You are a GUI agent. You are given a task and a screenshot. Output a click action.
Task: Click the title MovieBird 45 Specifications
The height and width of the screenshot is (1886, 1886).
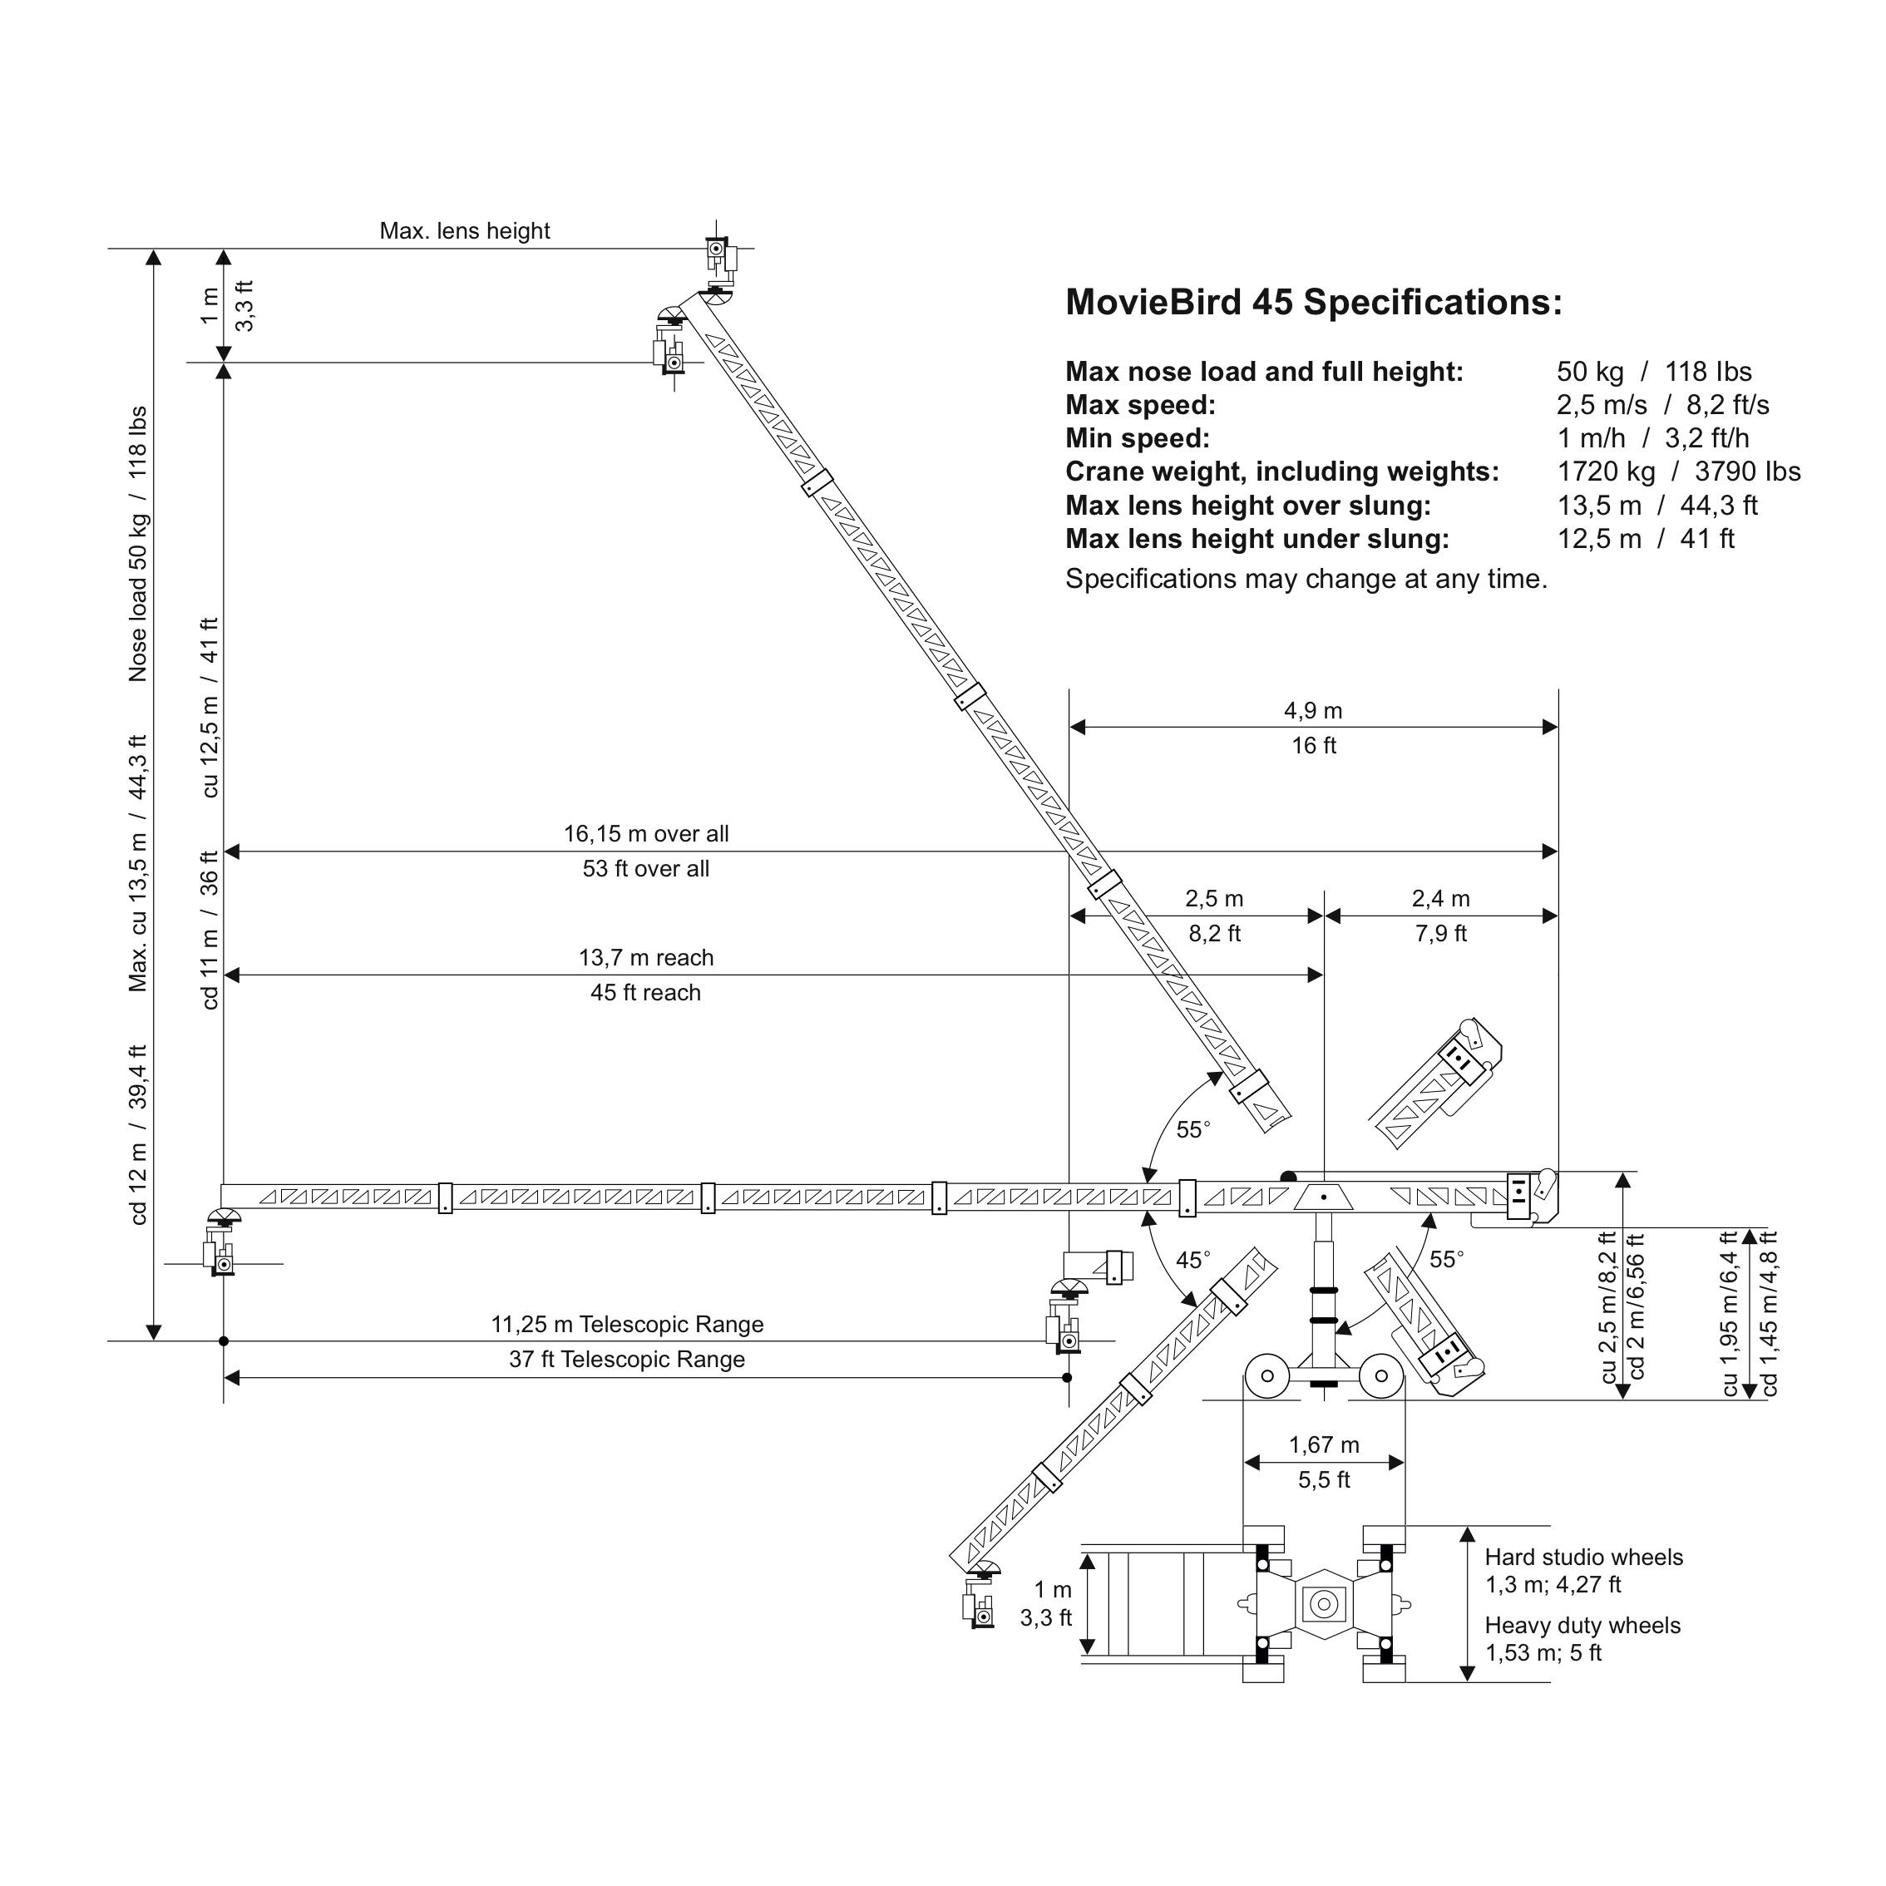click(x=1313, y=303)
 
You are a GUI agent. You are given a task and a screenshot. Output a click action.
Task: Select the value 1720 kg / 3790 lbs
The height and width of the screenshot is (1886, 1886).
click(x=1678, y=472)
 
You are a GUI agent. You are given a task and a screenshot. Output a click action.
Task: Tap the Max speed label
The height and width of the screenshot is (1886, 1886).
click(x=1140, y=405)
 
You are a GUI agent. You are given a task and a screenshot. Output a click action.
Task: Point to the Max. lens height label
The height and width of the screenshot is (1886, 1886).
click(x=465, y=231)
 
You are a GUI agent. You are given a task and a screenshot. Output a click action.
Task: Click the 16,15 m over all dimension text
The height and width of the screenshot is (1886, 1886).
click(x=645, y=835)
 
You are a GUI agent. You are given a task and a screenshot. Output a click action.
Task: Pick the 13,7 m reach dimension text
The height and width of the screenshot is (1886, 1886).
click(x=645, y=959)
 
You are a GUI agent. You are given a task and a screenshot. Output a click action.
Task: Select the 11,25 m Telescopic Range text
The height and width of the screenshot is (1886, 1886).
click(x=627, y=1325)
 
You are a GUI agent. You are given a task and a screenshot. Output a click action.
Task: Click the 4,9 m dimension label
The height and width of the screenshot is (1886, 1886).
click(x=1313, y=711)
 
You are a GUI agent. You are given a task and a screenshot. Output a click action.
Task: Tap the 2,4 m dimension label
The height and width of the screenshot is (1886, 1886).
click(x=1440, y=899)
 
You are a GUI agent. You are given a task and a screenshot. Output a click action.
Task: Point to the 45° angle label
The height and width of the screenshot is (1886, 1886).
click(x=1193, y=1261)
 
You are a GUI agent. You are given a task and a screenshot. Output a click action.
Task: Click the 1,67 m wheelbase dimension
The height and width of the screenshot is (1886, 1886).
click(x=1324, y=1444)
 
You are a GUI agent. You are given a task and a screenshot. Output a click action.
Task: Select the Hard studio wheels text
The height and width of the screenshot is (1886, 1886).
click(x=1583, y=1557)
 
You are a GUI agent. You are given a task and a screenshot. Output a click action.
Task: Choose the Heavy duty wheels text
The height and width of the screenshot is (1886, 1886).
click(x=1582, y=1626)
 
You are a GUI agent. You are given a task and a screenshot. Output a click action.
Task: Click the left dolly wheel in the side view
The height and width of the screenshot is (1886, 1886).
click(x=1267, y=1376)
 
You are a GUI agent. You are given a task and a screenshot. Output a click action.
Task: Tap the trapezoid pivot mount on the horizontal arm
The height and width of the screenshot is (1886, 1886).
click(x=1324, y=1197)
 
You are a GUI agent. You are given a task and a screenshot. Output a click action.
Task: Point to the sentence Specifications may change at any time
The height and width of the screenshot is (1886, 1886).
click(x=1306, y=580)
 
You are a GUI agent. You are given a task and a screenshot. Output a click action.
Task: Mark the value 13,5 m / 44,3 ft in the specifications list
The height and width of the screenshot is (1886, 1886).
click(x=1656, y=506)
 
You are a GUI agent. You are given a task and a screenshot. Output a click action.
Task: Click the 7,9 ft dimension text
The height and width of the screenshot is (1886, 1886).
click(x=1440, y=934)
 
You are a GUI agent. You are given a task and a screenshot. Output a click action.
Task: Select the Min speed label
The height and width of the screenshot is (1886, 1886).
click(x=1138, y=438)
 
